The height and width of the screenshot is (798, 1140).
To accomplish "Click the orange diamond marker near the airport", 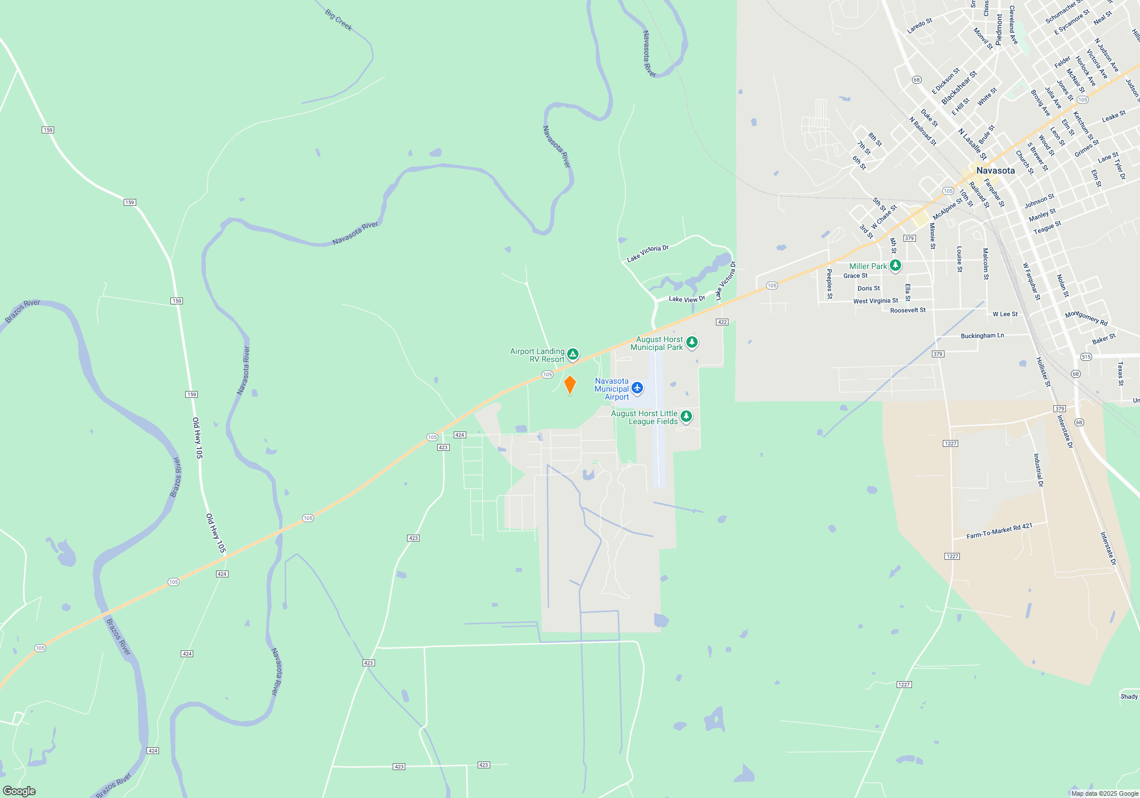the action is point(569,385).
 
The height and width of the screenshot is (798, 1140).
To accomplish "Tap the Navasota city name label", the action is point(995,170).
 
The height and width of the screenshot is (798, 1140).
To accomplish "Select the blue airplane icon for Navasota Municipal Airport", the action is point(637,388).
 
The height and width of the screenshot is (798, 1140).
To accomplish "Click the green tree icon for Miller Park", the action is point(895,265).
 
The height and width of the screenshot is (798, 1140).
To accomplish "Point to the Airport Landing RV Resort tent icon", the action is point(573,354).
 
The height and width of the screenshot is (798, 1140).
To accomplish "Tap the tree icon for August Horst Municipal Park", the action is point(692,342).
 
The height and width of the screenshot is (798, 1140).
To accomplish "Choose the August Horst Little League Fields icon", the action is point(686,416).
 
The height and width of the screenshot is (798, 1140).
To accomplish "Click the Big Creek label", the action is point(339,20).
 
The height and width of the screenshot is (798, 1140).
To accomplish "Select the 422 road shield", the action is point(722,322).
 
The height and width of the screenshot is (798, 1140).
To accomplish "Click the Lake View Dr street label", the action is point(686,299).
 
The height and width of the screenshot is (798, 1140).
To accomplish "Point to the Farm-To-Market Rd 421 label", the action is point(999,531).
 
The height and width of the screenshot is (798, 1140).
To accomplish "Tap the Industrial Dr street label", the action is point(1039,470).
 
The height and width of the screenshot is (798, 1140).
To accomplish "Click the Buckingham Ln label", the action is point(982,336).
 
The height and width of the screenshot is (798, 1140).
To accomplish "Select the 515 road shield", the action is point(1086,357).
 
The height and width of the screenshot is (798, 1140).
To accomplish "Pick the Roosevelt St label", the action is point(907,310).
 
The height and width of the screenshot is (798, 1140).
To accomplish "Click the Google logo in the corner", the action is point(19,791).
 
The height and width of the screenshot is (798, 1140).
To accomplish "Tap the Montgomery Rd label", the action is point(1086,318).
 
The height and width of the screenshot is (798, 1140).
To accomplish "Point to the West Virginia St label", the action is point(875,301).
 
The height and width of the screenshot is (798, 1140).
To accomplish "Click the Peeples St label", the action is point(829,284).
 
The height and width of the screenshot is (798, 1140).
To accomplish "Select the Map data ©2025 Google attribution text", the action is point(1104,793).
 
